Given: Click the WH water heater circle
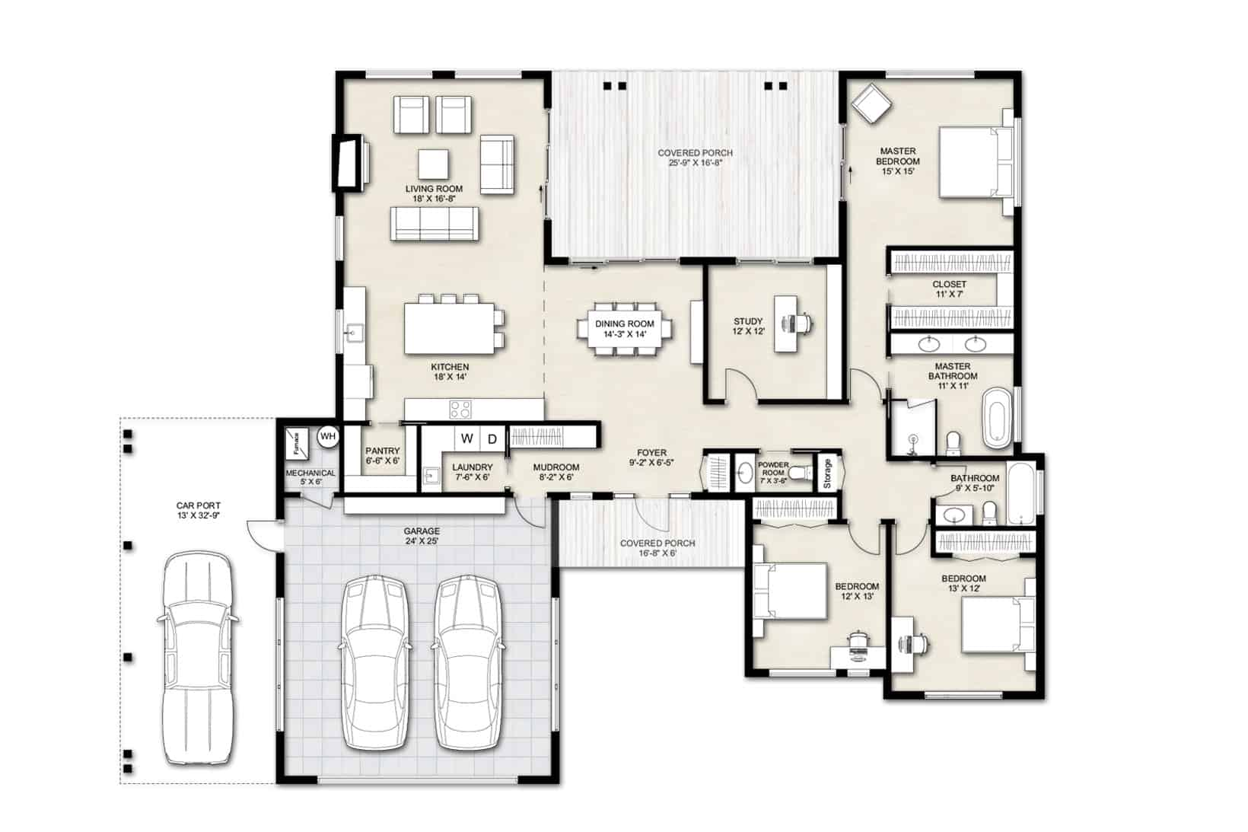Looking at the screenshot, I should (x=328, y=436).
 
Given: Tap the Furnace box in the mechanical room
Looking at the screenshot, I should (x=296, y=443).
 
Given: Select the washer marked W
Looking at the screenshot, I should (x=467, y=438).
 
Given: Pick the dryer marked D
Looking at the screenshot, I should (x=492, y=438).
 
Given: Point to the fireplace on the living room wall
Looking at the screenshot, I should (x=351, y=163).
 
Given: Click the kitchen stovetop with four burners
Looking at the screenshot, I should (x=460, y=410).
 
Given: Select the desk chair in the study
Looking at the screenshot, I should (x=803, y=324).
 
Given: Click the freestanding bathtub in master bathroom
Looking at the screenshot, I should (x=996, y=418).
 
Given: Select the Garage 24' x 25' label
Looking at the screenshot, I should (x=422, y=536).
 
